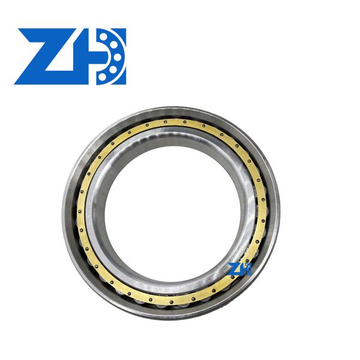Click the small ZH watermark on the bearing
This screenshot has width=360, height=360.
point(241,268)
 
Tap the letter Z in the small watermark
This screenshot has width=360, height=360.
point(235,268)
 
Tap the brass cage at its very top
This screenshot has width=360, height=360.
point(171,121)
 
